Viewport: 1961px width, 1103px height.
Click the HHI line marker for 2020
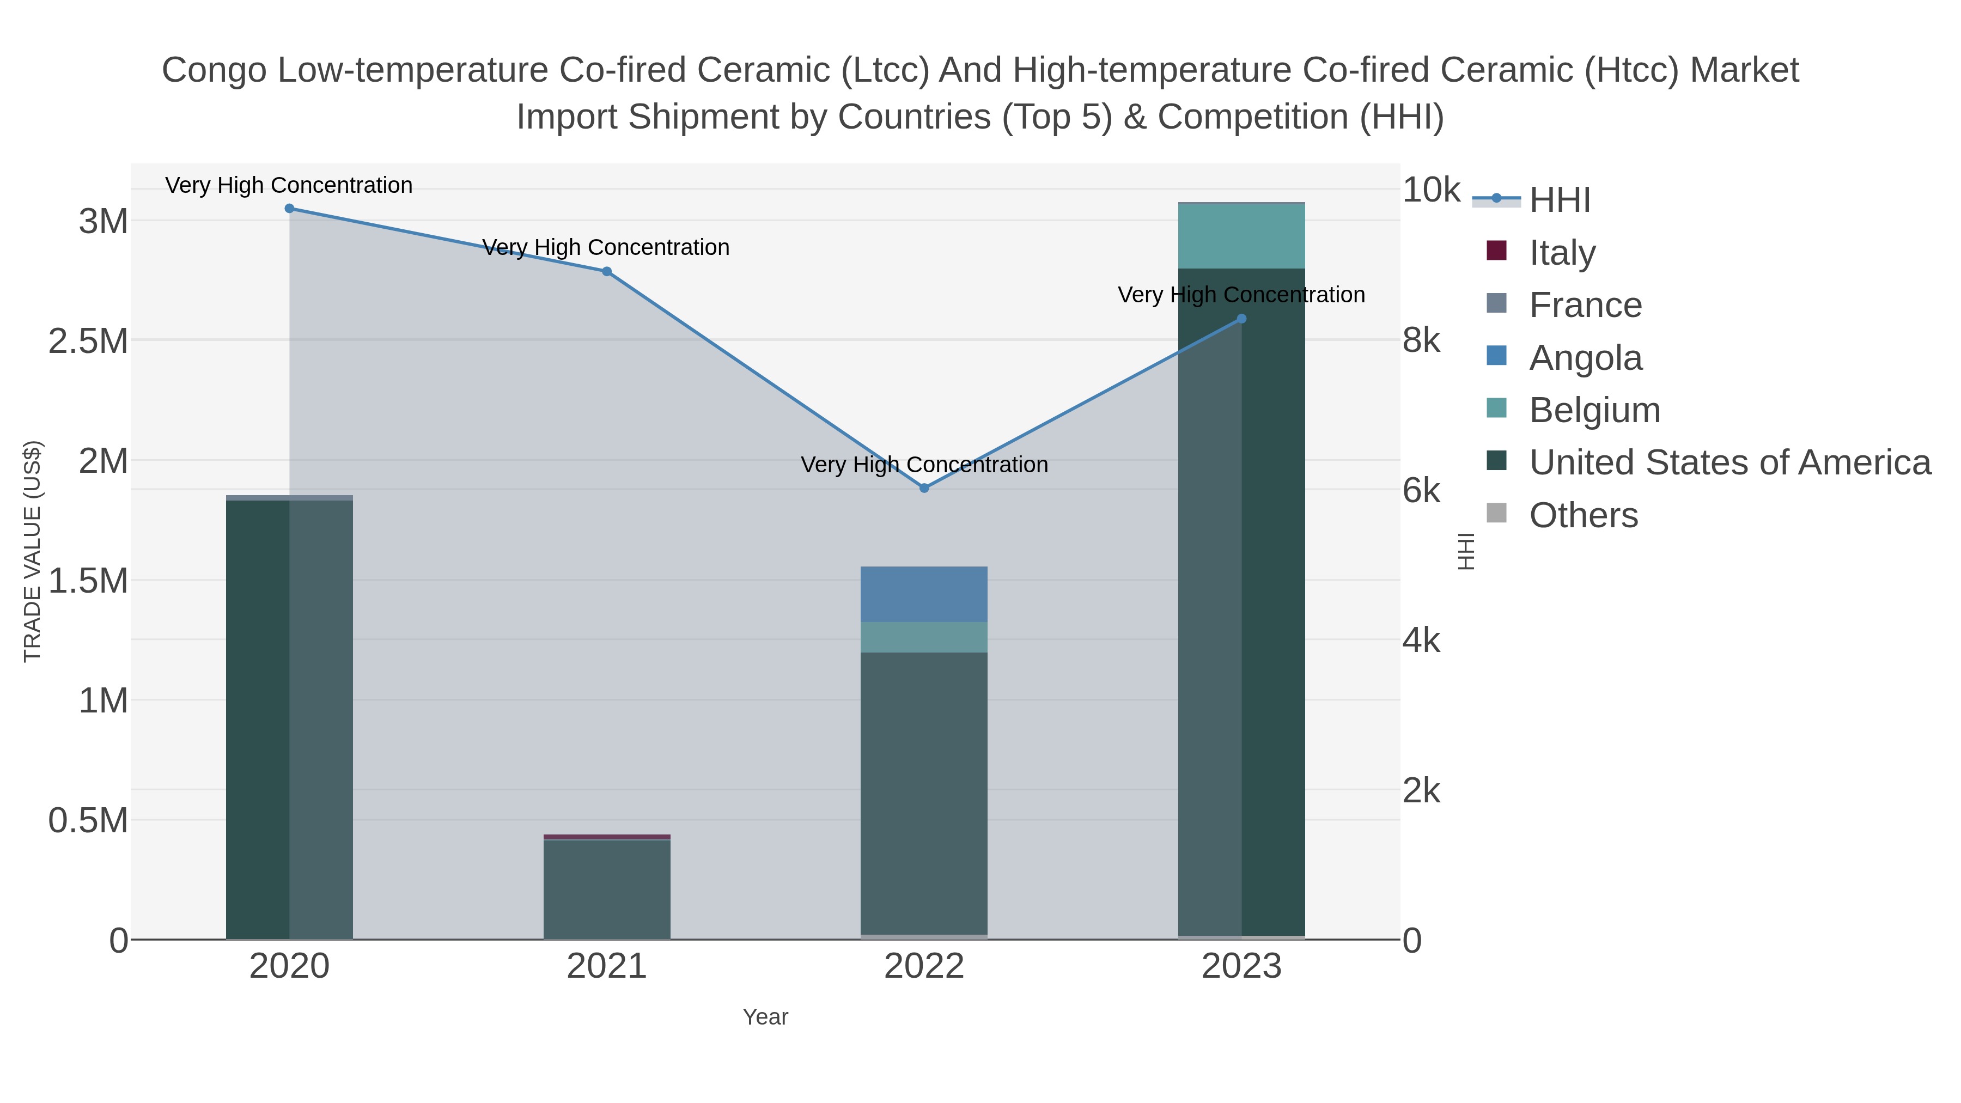click(x=289, y=209)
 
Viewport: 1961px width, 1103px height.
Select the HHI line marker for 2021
click(x=607, y=272)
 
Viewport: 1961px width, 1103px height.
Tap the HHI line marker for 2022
click(x=924, y=488)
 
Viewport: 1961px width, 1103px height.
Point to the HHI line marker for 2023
click(x=1241, y=319)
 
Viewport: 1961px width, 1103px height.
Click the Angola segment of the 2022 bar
click(x=924, y=594)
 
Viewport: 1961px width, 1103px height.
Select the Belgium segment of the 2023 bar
click(x=1241, y=236)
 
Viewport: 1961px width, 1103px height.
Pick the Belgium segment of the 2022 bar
click(x=924, y=638)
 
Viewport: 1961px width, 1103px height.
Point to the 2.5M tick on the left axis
click(x=88, y=341)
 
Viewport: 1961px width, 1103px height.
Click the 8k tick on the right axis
click(x=1421, y=340)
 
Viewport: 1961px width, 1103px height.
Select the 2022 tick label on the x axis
click(x=924, y=967)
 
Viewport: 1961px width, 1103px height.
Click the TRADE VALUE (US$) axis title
click(x=33, y=551)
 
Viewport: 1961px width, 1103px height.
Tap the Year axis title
click(x=765, y=1017)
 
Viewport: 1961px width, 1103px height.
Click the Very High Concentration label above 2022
click(x=924, y=464)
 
